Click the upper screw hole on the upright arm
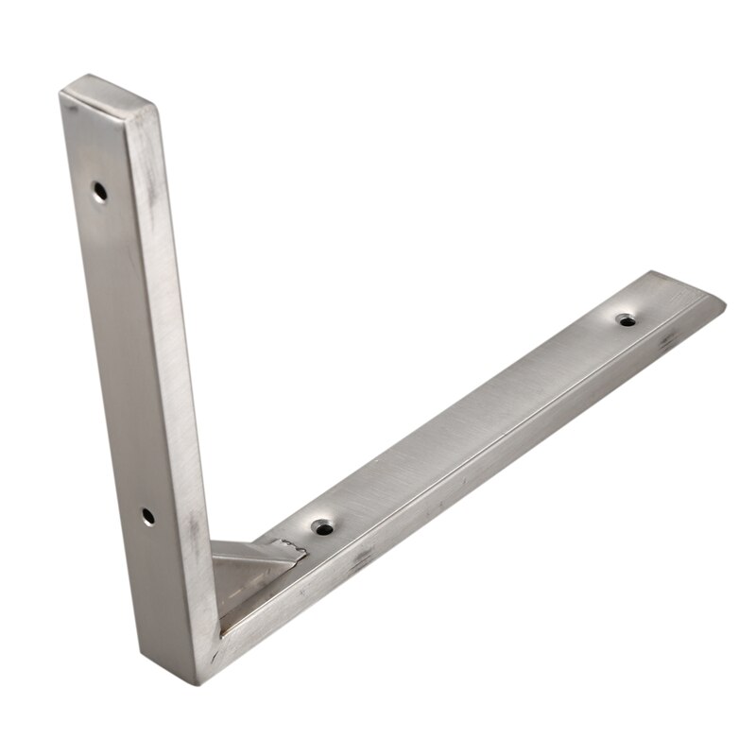pos(99,192)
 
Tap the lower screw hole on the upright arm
pos(147,515)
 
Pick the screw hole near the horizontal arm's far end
pos(626,318)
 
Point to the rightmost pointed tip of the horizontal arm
pos(724,302)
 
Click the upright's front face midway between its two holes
pos(123,354)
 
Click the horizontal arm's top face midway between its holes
pos(472,422)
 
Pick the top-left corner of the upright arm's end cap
pos(61,90)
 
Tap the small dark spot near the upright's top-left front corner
pos(76,118)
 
